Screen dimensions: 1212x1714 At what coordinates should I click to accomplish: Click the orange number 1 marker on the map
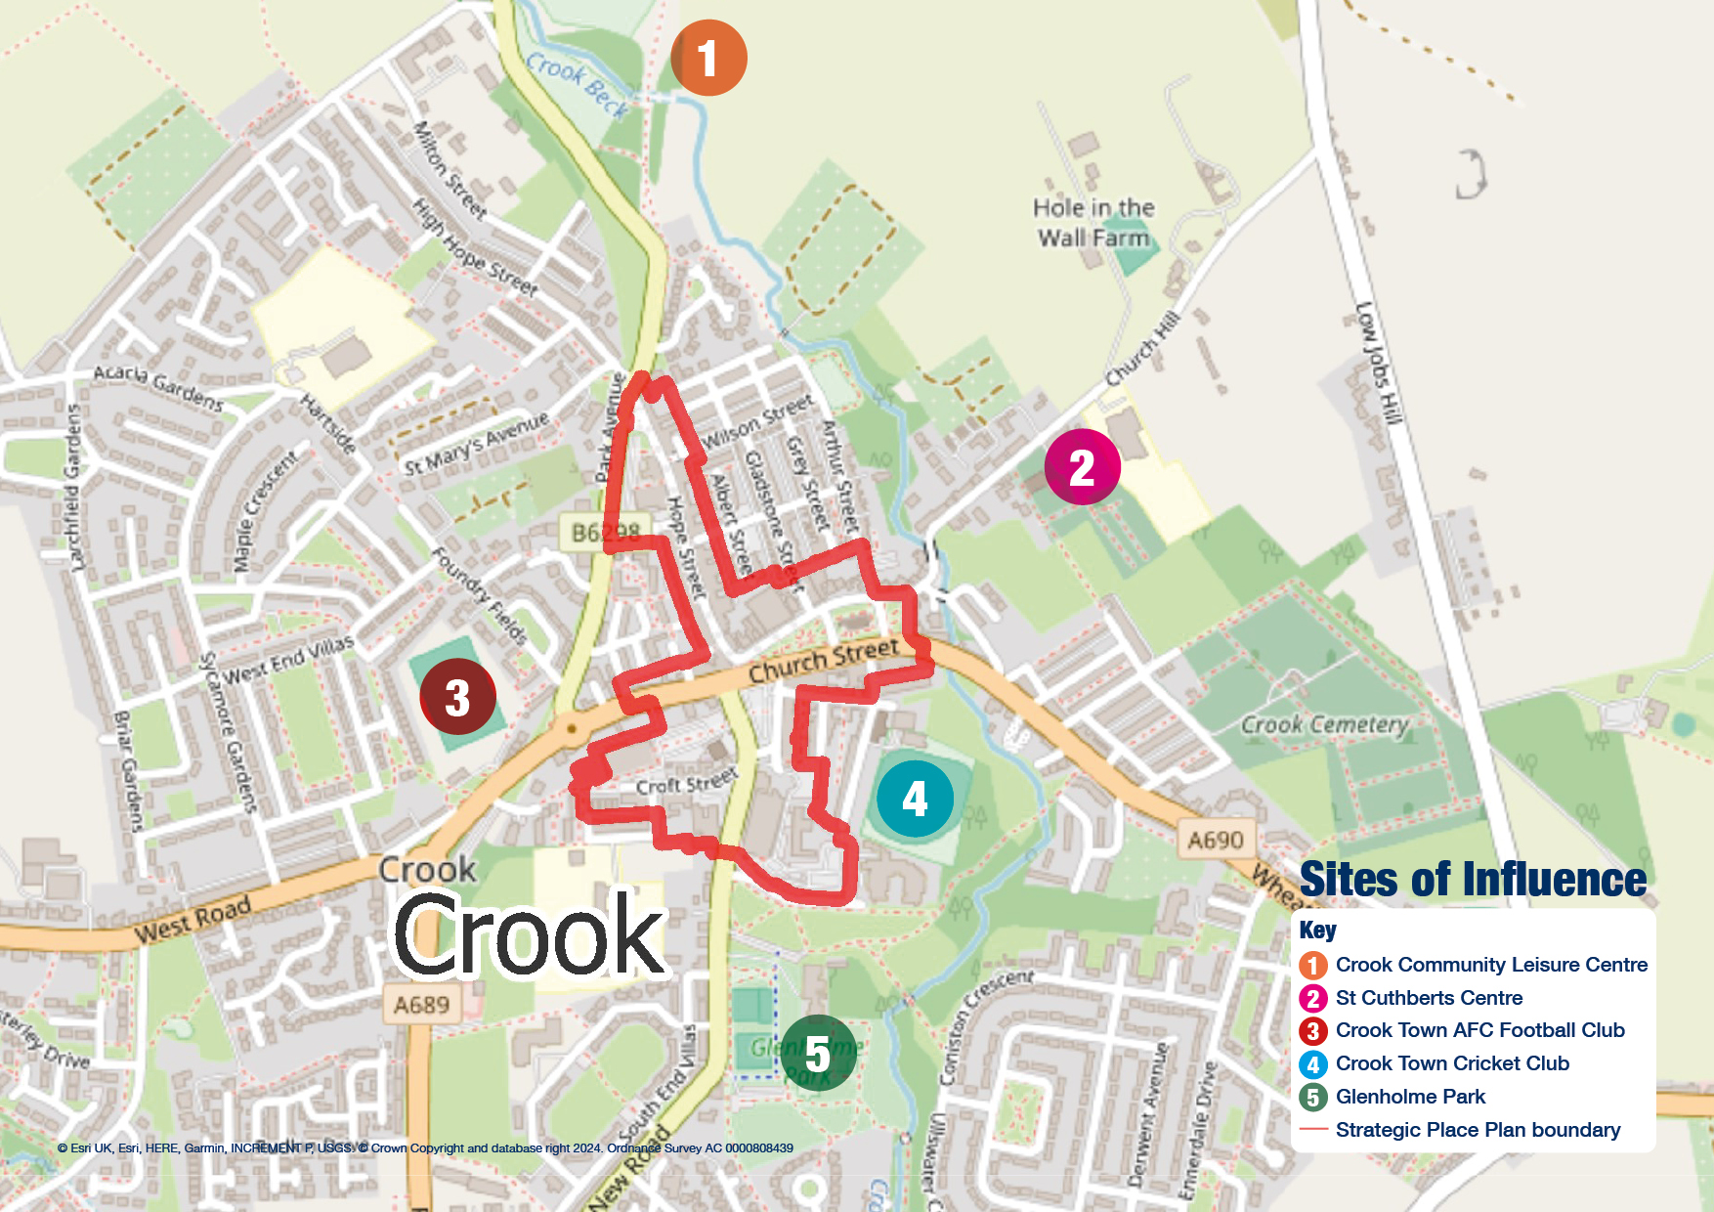click(x=708, y=58)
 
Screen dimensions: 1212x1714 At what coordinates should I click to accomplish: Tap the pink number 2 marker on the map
click(x=1082, y=467)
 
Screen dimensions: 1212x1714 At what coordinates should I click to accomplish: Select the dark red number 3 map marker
click(x=457, y=697)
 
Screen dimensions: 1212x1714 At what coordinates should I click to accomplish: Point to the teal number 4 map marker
click(x=915, y=799)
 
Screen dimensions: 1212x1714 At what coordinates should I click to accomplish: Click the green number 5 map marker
click(x=818, y=1054)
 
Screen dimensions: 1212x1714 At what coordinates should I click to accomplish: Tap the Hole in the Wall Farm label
click(x=1093, y=223)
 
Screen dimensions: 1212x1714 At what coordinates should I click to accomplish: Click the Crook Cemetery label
click(x=1324, y=724)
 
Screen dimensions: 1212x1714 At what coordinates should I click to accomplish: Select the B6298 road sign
click(x=606, y=533)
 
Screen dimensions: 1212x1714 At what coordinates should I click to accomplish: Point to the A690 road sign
click(x=1216, y=840)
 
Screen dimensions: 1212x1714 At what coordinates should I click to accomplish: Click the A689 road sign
click(x=421, y=1005)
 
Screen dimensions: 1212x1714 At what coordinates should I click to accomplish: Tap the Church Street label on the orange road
click(x=823, y=661)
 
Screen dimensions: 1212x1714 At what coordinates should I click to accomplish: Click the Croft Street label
click(x=686, y=784)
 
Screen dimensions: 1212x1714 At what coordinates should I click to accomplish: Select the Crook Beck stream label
click(x=578, y=82)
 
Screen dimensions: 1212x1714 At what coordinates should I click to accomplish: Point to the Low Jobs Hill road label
click(x=1379, y=363)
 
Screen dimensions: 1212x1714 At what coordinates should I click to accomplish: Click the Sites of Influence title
click(x=1473, y=879)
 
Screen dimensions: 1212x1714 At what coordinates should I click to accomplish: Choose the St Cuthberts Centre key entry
click(x=1428, y=998)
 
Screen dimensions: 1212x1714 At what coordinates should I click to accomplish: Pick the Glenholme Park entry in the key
click(x=1409, y=1097)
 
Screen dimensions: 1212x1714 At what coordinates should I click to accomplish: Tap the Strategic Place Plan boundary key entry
click(x=1477, y=1130)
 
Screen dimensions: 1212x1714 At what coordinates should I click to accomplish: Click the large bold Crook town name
click(x=529, y=936)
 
